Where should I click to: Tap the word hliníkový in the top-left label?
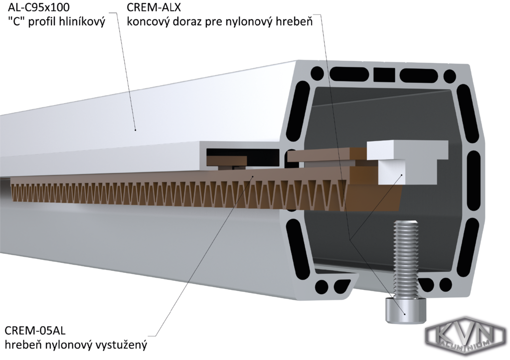coord(82,22)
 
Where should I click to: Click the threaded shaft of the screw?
coord(405,259)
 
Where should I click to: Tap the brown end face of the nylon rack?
coord(374,187)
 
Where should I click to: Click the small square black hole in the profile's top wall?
coord(383,74)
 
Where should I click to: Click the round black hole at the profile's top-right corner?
coord(450,76)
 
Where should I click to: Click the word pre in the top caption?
coord(215,22)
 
